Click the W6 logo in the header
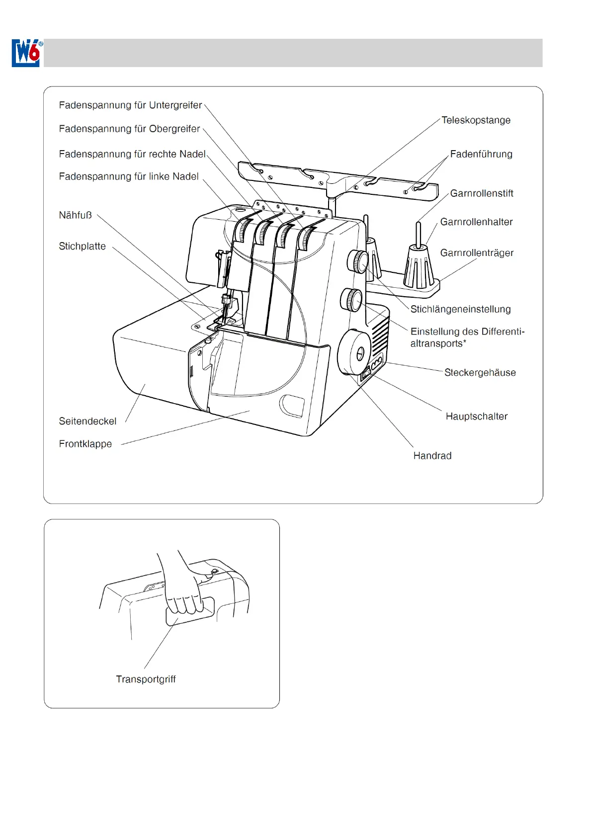click(26, 53)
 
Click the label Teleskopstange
click(476, 120)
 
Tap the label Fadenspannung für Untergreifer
click(130, 105)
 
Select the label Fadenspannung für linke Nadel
click(129, 176)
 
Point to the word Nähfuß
click(75, 215)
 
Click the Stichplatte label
click(82, 247)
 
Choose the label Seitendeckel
click(87, 421)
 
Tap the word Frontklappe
click(85, 444)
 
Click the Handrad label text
click(432, 456)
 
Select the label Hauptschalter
click(476, 417)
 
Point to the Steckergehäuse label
click(480, 373)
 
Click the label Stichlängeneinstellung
click(460, 309)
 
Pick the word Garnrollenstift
click(481, 193)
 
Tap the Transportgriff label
click(146, 679)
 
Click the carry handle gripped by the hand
click(190, 611)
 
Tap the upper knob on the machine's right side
click(358, 261)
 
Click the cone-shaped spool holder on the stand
click(418, 266)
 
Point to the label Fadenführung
click(481, 154)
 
